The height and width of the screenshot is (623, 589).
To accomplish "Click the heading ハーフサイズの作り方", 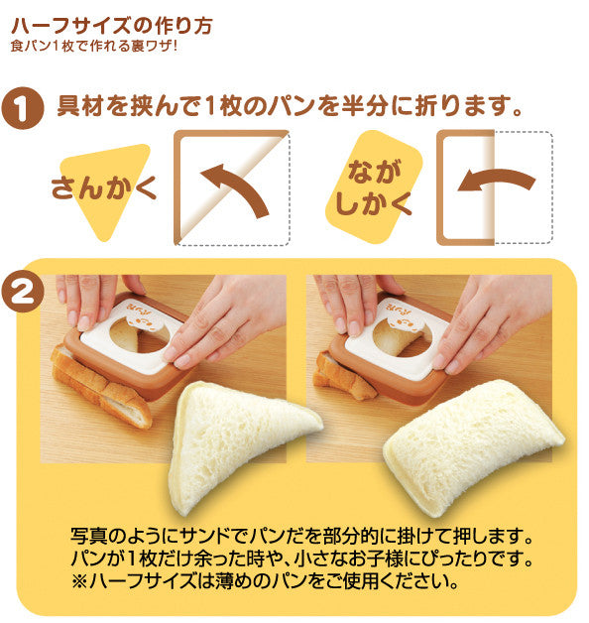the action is (x=112, y=26).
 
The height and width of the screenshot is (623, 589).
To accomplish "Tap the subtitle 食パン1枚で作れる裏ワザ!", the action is (x=94, y=46).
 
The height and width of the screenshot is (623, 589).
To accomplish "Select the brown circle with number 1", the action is (x=22, y=108).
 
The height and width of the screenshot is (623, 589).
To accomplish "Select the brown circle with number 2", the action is (x=22, y=294).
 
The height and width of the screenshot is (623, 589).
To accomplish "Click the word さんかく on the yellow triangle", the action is (x=104, y=187).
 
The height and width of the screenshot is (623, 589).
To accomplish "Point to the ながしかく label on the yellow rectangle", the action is (x=374, y=187).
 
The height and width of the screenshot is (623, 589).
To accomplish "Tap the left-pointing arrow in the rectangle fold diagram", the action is (x=497, y=180).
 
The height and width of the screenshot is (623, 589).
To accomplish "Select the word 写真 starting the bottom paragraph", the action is (x=89, y=536).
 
